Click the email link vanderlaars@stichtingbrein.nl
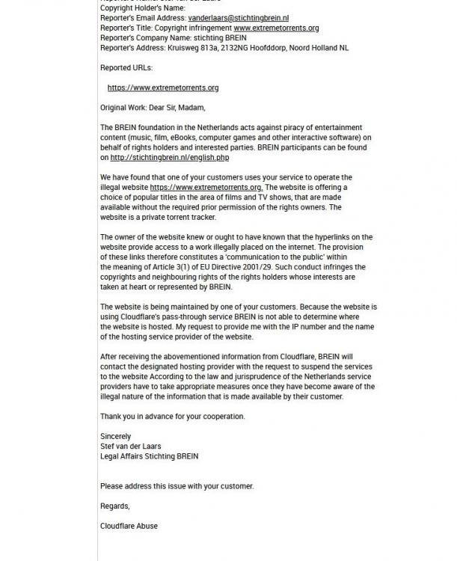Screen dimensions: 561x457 (228, 18)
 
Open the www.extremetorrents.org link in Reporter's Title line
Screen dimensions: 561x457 (276, 28)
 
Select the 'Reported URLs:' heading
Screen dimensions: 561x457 (126, 67)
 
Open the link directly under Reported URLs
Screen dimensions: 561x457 (163, 88)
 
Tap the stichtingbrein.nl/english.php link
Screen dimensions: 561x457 (170, 158)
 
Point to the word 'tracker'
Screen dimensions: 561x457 (201, 218)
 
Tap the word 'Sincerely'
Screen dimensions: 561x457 (116, 436)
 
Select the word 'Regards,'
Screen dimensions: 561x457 (115, 506)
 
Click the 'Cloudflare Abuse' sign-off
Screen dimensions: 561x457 (129, 526)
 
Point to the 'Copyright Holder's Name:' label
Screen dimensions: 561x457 (142, 8)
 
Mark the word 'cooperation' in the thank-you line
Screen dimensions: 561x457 (221, 417)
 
